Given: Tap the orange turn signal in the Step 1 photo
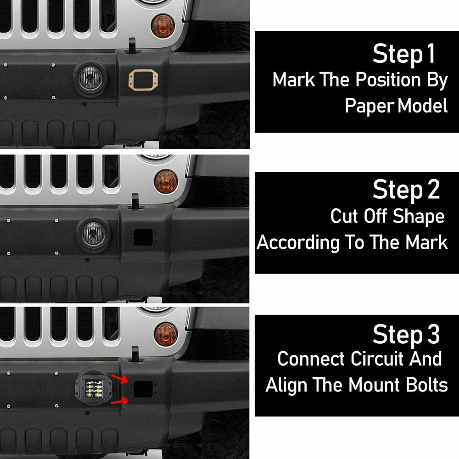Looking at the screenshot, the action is pos(163,26).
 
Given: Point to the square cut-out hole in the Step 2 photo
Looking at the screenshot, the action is pos(143,237).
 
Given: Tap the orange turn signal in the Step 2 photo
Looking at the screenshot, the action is pos(166,181).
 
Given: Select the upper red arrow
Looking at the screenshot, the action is pos(119,379).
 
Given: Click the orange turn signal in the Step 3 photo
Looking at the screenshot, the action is pos(166,334).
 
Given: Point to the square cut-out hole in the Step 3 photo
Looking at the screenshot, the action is pos(143,389).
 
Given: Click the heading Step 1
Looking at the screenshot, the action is pos(403,54).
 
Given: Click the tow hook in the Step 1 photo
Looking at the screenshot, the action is pos(132,45).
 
